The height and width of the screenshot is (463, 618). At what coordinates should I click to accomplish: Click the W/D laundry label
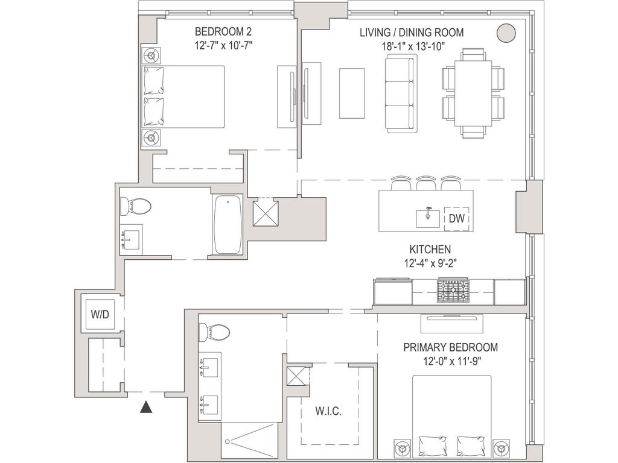[x=100, y=315]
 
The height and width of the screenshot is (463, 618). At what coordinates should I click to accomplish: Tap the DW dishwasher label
[x=457, y=218]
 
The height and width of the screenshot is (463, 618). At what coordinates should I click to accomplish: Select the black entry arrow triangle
[x=146, y=407]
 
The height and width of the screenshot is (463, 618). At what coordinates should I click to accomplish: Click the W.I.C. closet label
[x=328, y=411]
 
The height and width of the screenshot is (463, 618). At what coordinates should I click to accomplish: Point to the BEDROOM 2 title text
[x=223, y=31]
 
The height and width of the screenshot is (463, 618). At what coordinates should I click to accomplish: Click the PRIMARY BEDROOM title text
[x=450, y=347]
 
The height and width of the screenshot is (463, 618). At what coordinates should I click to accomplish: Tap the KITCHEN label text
[x=430, y=249]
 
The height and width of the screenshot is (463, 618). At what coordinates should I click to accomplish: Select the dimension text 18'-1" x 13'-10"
[x=413, y=46]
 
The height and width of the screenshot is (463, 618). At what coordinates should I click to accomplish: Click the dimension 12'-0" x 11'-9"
[x=451, y=361]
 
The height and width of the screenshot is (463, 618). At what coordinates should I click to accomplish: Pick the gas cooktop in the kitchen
[x=453, y=291]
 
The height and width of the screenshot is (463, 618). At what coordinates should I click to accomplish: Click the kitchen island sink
[x=428, y=218]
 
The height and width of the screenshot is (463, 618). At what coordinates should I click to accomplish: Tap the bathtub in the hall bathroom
[x=228, y=224]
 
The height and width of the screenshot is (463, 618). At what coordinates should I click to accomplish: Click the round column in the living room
[x=506, y=33]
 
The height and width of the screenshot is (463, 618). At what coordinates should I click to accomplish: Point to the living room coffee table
[x=352, y=93]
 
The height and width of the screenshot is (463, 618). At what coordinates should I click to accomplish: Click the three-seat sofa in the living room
[x=401, y=93]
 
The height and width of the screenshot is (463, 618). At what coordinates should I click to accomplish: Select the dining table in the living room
[x=473, y=93]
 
